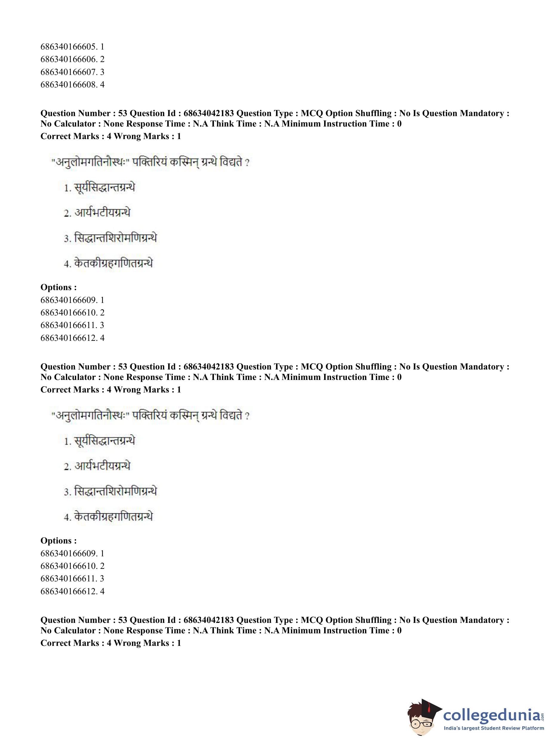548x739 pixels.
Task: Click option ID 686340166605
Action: pyautogui.click(x=72, y=47)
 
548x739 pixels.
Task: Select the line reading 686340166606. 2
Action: pyautogui.click(x=72, y=59)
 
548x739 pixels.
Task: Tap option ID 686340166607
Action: pyautogui.click(x=72, y=72)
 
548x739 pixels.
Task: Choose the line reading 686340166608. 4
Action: pyautogui.click(x=72, y=84)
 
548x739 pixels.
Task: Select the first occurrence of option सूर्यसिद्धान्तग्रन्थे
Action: pyautogui.click(x=104, y=188)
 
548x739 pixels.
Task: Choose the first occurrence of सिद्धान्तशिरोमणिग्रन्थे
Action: pyautogui.click(x=115, y=238)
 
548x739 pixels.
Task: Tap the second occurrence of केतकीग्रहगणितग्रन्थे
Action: pyautogui.click(x=113, y=517)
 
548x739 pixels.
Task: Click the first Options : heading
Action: pyautogui.click(x=59, y=287)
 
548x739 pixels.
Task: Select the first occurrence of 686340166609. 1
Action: pyautogui.click(x=72, y=300)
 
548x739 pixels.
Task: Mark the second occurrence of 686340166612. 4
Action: pyautogui.click(x=72, y=591)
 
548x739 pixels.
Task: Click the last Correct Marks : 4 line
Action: pyautogui.click(x=110, y=643)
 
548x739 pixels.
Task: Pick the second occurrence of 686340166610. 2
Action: pyautogui.click(x=72, y=566)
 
